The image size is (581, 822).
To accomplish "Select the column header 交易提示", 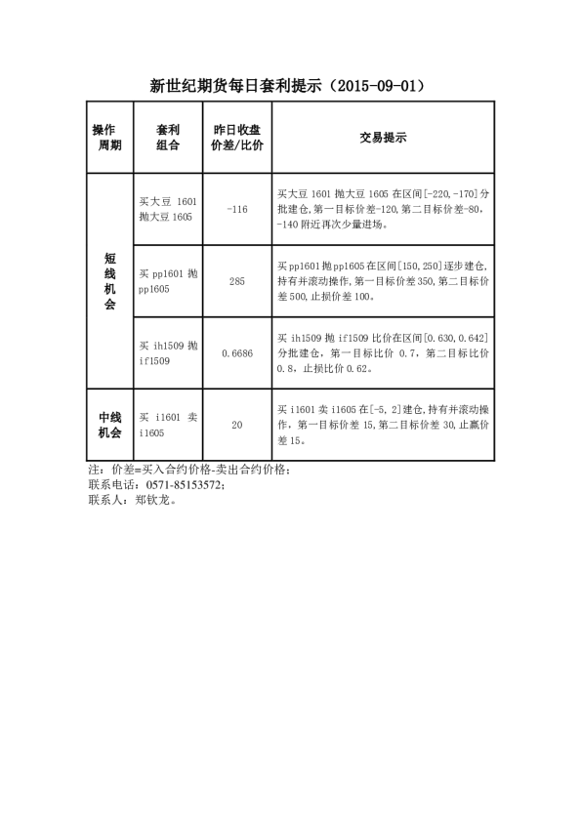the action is coord(383,138).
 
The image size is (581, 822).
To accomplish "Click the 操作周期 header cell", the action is coord(108,138).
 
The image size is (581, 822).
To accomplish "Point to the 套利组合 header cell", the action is coord(168,138).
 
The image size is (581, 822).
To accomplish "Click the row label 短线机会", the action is coord(108,281).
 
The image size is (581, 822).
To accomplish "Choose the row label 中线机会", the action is coord(108,425).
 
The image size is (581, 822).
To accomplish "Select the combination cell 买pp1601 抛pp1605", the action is coord(168,281).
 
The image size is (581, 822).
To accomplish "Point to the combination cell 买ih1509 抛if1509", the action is coord(168,353).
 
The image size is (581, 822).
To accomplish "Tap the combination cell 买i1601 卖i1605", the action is coord(168,425).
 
